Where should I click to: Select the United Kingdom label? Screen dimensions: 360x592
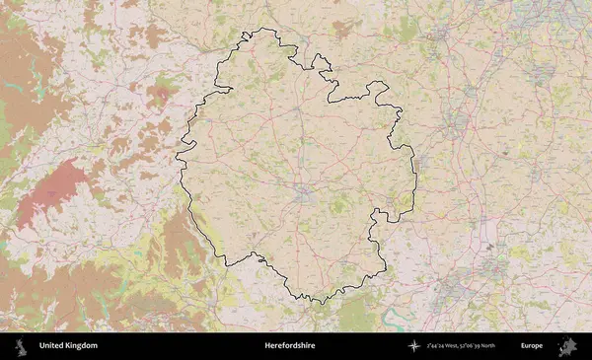68,346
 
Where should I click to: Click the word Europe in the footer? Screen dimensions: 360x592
532,346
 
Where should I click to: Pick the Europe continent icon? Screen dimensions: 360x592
567,346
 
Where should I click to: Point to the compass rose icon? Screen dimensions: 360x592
414,346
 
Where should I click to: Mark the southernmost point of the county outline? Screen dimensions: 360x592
318,302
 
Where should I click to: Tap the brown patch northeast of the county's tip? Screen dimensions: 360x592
342,28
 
